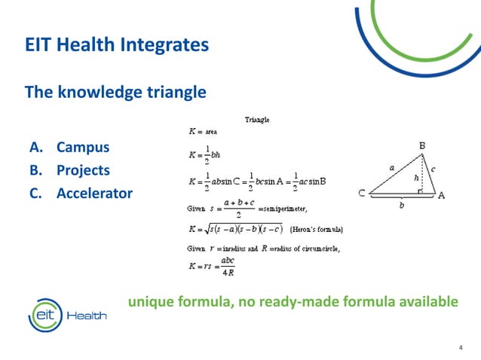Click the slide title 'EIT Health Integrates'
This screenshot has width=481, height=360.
pyautogui.click(x=117, y=45)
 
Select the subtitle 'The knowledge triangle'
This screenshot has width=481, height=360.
pyautogui.click(x=115, y=93)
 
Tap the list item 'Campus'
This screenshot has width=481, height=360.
pyautogui.click(x=83, y=147)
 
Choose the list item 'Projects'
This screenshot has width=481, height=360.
pyautogui.click(x=83, y=170)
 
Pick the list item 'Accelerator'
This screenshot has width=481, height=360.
pyautogui.click(x=94, y=194)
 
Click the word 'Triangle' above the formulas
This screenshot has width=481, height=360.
pyautogui.click(x=258, y=119)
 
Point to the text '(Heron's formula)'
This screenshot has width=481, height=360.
pyautogui.click(x=317, y=229)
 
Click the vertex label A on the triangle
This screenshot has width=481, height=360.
pyautogui.click(x=442, y=194)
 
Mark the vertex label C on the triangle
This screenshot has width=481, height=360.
pyautogui.click(x=363, y=194)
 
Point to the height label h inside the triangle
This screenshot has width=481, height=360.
pyautogui.click(x=416, y=178)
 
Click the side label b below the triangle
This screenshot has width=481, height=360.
pyautogui.click(x=401, y=204)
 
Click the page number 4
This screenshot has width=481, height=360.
pyautogui.click(x=461, y=347)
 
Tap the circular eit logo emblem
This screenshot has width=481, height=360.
pyautogui.click(x=44, y=313)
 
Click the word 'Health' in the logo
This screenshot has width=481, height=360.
pyautogui.click(x=87, y=316)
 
